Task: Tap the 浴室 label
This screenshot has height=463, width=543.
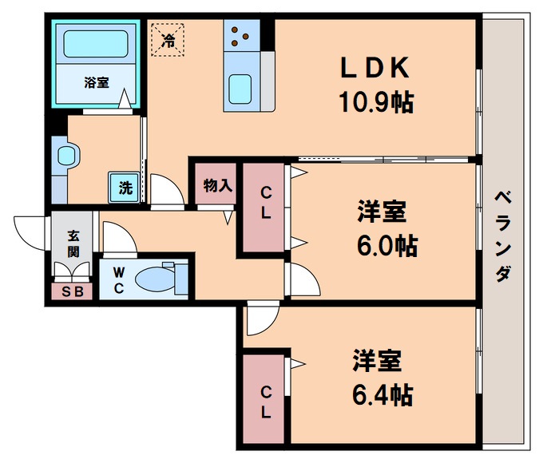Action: [97, 81]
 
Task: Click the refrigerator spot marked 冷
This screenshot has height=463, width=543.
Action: [168, 38]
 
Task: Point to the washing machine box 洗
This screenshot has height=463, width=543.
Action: [125, 188]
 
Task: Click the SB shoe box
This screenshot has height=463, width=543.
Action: [72, 291]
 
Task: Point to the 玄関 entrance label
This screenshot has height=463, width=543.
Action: [73, 243]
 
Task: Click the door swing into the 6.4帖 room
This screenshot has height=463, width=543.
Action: [260, 321]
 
